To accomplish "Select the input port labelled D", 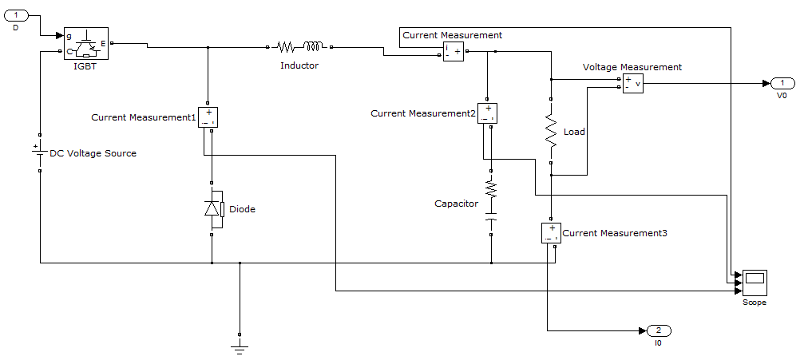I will click(x=18, y=16).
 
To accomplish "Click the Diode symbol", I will click(x=212, y=208).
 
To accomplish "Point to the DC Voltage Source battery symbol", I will click(x=38, y=152).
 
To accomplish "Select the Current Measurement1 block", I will click(x=208, y=117).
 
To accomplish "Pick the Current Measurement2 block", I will click(x=488, y=113).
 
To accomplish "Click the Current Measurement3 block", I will click(x=551, y=233).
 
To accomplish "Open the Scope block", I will click(x=754, y=283).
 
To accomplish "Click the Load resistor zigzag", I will click(x=550, y=130).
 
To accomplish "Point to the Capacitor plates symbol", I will click(x=492, y=216).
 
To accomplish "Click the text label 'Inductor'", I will click(x=299, y=65).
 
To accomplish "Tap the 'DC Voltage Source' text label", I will click(x=93, y=153).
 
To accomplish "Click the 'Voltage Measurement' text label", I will click(x=632, y=67).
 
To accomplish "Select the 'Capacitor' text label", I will click(x=456, y=204).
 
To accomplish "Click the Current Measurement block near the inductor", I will click(x=454, y=51).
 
